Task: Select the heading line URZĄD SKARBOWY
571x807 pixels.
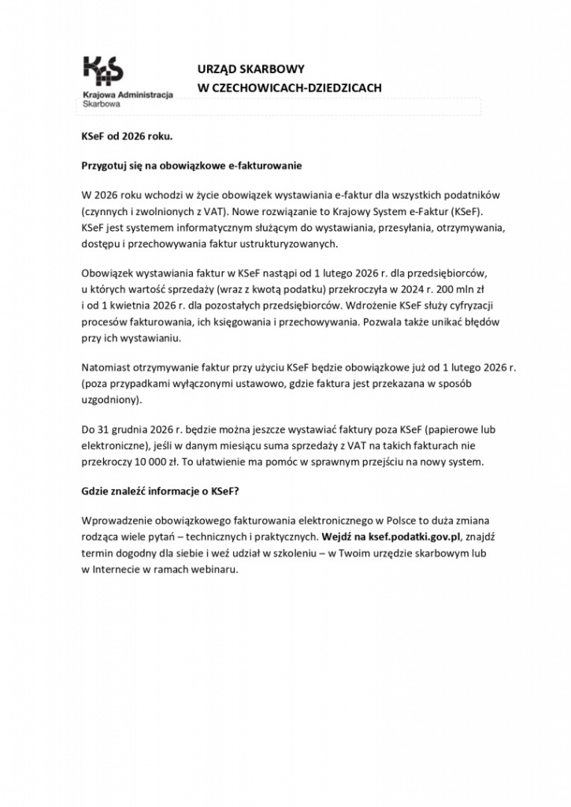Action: point(249,69)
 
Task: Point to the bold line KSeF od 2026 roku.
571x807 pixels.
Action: point(126,136)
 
